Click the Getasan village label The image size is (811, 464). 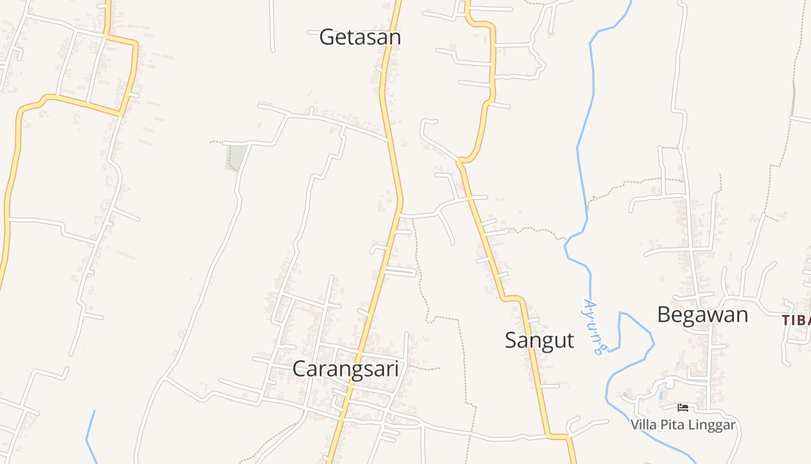[360, 37]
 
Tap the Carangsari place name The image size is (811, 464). [346, 368]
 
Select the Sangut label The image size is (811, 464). [539, 340]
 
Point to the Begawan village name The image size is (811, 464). [702, 314]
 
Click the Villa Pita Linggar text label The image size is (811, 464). [683, 425]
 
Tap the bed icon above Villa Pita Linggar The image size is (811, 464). [683, 408]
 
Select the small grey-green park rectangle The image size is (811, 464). [236, 158]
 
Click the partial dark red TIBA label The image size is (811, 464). [796, 320]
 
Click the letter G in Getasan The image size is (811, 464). [327, 37]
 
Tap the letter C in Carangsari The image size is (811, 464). [299, 368]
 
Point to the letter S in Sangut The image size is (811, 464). [511, 340]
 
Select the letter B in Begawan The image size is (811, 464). [664, 314]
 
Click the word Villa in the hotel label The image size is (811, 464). [642, 425]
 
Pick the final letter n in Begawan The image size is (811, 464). [741, 315]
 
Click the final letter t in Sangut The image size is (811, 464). [570, 340]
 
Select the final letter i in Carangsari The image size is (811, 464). [396, 368]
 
